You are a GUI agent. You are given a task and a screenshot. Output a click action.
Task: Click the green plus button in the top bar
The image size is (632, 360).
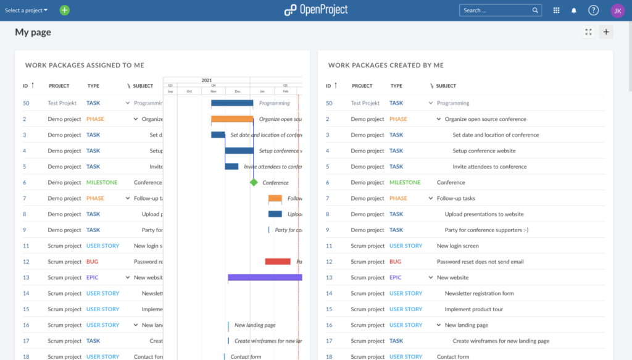click(x=65, y=10)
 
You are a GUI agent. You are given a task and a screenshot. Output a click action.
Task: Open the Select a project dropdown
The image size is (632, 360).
click(x=26, y=10)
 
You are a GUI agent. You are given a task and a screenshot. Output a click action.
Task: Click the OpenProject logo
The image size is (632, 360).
click(x=315, y=10)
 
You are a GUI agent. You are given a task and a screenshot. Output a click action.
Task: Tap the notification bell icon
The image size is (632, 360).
click(x=574, y=10)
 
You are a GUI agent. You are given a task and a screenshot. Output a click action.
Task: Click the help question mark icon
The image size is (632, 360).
click(x=593, y=10)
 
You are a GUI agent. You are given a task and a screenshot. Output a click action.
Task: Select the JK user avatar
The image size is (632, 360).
click(x=617, y=10)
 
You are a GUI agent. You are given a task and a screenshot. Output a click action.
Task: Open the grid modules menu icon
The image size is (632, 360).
click(x=556, y=10)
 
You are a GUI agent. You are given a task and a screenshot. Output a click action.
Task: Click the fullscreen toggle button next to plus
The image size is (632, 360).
click(x=588, y=32)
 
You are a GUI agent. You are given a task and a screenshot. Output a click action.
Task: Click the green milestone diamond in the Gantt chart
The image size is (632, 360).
click(x=254, y=182)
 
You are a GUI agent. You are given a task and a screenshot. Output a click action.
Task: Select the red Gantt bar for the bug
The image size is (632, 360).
click(x=278, y=262)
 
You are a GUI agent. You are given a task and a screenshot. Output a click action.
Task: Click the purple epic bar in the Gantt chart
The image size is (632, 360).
click(x=265, y=278)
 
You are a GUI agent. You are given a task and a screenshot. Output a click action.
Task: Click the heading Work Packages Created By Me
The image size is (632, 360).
click(x=386, y=65)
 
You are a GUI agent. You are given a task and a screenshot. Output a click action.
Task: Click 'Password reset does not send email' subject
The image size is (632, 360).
click(x=480, y=262)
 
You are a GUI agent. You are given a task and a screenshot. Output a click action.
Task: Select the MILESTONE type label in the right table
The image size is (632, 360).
click(x=404, y=183)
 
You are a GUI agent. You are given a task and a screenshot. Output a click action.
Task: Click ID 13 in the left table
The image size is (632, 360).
click(x=26, y=278)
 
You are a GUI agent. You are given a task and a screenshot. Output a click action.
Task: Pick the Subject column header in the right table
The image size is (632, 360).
click(x=446, y=86)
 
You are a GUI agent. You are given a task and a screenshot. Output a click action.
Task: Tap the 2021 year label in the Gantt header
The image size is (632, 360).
click(x=207, y=80)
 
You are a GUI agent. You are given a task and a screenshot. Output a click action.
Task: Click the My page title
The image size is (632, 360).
click(x=33, y=33)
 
